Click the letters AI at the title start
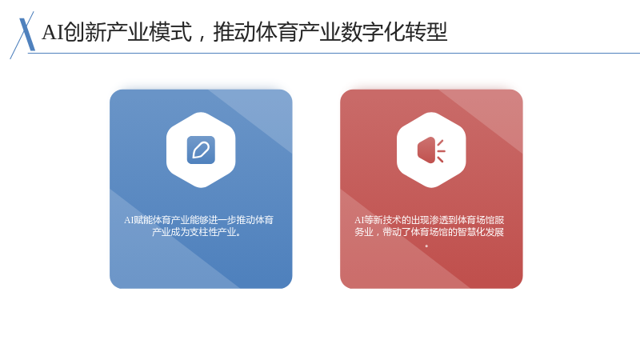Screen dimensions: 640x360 click(53, 32)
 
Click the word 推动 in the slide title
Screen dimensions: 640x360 click(234, 32)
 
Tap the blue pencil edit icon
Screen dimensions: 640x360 click(201, 150)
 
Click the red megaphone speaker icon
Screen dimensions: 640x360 click(431, 150)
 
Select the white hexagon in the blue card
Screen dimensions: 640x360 click(201, 150)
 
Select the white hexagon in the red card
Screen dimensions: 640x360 click(431, 150)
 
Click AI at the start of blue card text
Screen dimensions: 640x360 click(129, 221)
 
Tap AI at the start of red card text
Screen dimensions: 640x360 click(359, 221)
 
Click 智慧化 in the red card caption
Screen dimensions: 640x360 click(471, 232)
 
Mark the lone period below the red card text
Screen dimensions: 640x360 click(427, 246)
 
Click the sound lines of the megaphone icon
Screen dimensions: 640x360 click(441, 150)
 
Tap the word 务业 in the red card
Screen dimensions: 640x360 click(364, 232)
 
